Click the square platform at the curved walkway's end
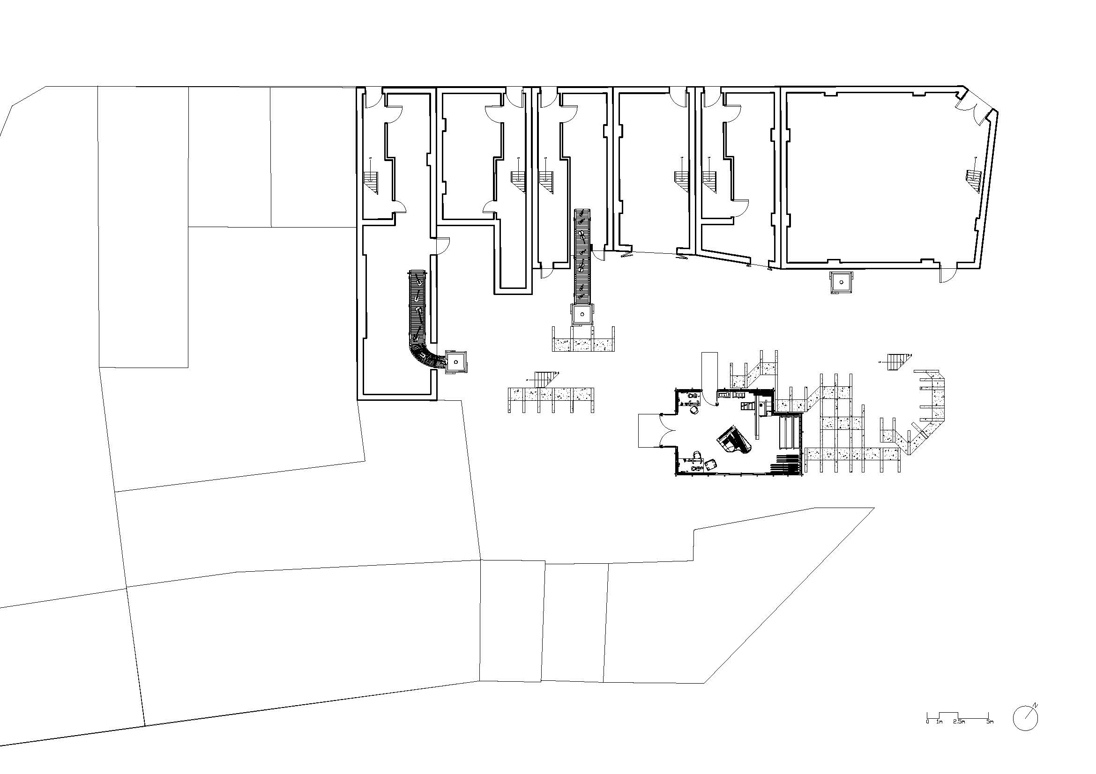[x=456, y=362]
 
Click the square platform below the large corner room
[x=841, y=283]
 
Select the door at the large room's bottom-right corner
[x=947, y=274]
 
